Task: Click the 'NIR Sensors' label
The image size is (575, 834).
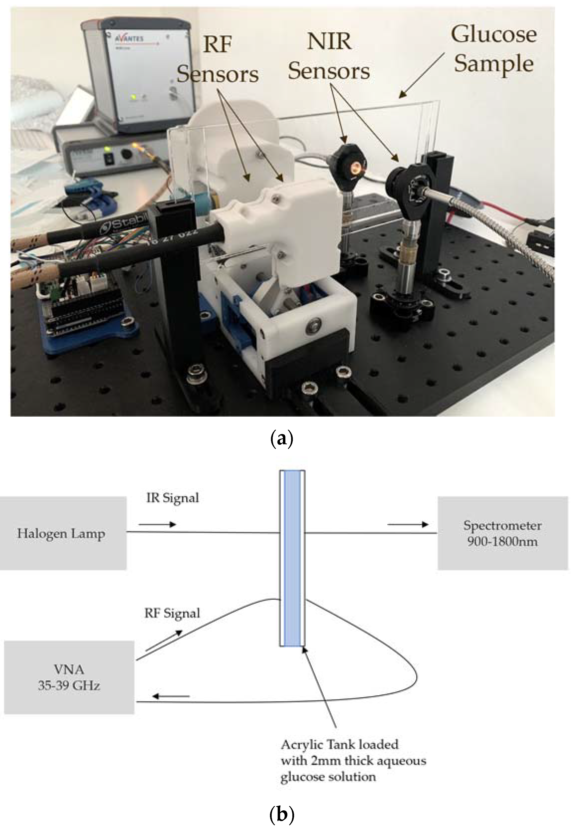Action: pos(329,56)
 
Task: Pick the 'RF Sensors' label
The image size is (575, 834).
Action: pos(218,59)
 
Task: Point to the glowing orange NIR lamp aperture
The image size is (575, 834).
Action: pos(357,167)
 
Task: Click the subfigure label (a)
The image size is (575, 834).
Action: pos(281,439)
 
